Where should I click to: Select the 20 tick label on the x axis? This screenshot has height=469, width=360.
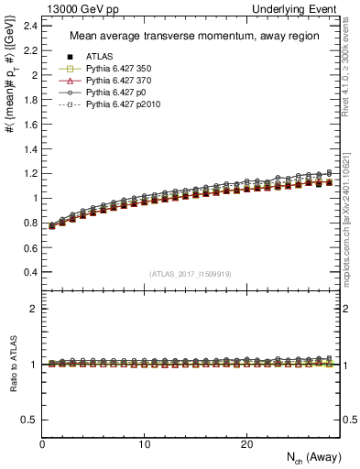pos(246,443)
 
